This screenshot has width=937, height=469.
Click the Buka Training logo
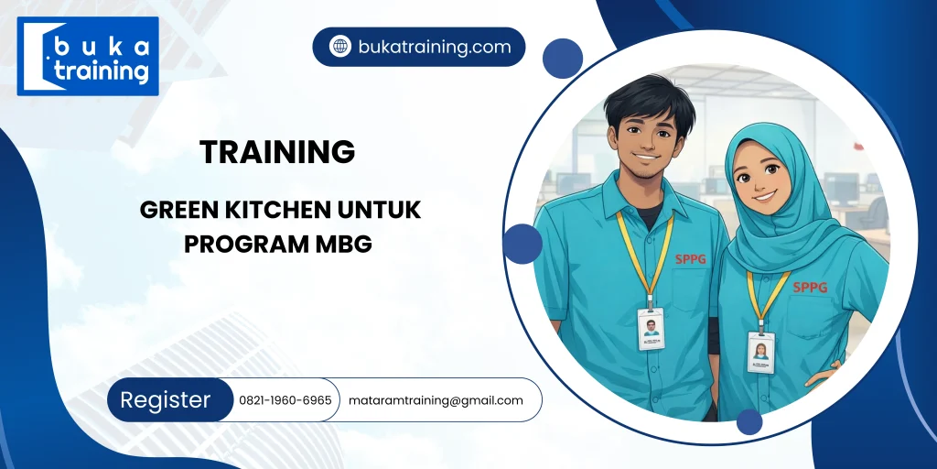pos(88,56)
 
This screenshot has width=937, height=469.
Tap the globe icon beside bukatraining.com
pos(340,47)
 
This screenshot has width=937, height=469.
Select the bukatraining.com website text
pos(434,47)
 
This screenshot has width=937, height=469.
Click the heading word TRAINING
pos(277,152)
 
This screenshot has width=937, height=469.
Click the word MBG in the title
pos(346,245)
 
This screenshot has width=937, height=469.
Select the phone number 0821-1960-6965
pos(285,400)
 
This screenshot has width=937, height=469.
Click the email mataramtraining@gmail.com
pos(436,400)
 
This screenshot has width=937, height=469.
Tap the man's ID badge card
pos(651,328)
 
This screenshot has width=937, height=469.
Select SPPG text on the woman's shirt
pos(809,287)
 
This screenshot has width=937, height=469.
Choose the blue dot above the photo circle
pos(563,59)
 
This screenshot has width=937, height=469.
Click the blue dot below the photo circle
pos(749,421)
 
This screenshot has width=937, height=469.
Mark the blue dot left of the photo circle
pos(522,244)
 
